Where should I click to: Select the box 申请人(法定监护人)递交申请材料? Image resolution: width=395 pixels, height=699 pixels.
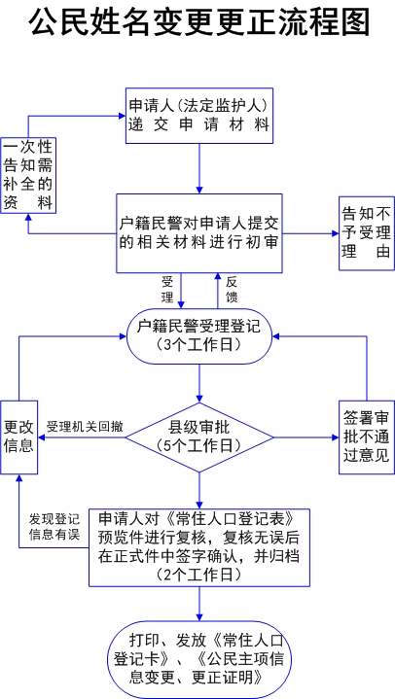pyautogui.click(x=198, y=115)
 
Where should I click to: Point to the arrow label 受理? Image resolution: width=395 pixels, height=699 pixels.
pyautogui.click(x=168, y=289)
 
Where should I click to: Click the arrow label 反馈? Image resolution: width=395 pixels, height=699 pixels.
pyautogui.click(x=232, y=289)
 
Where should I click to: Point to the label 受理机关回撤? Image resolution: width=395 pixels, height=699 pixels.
pyautogui.click(x=85, y=426)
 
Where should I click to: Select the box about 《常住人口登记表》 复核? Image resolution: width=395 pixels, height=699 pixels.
pyautogui.click(x=199, y=546)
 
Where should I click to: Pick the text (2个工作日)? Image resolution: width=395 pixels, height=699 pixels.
pyautogui.click(x=199, y=575)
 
